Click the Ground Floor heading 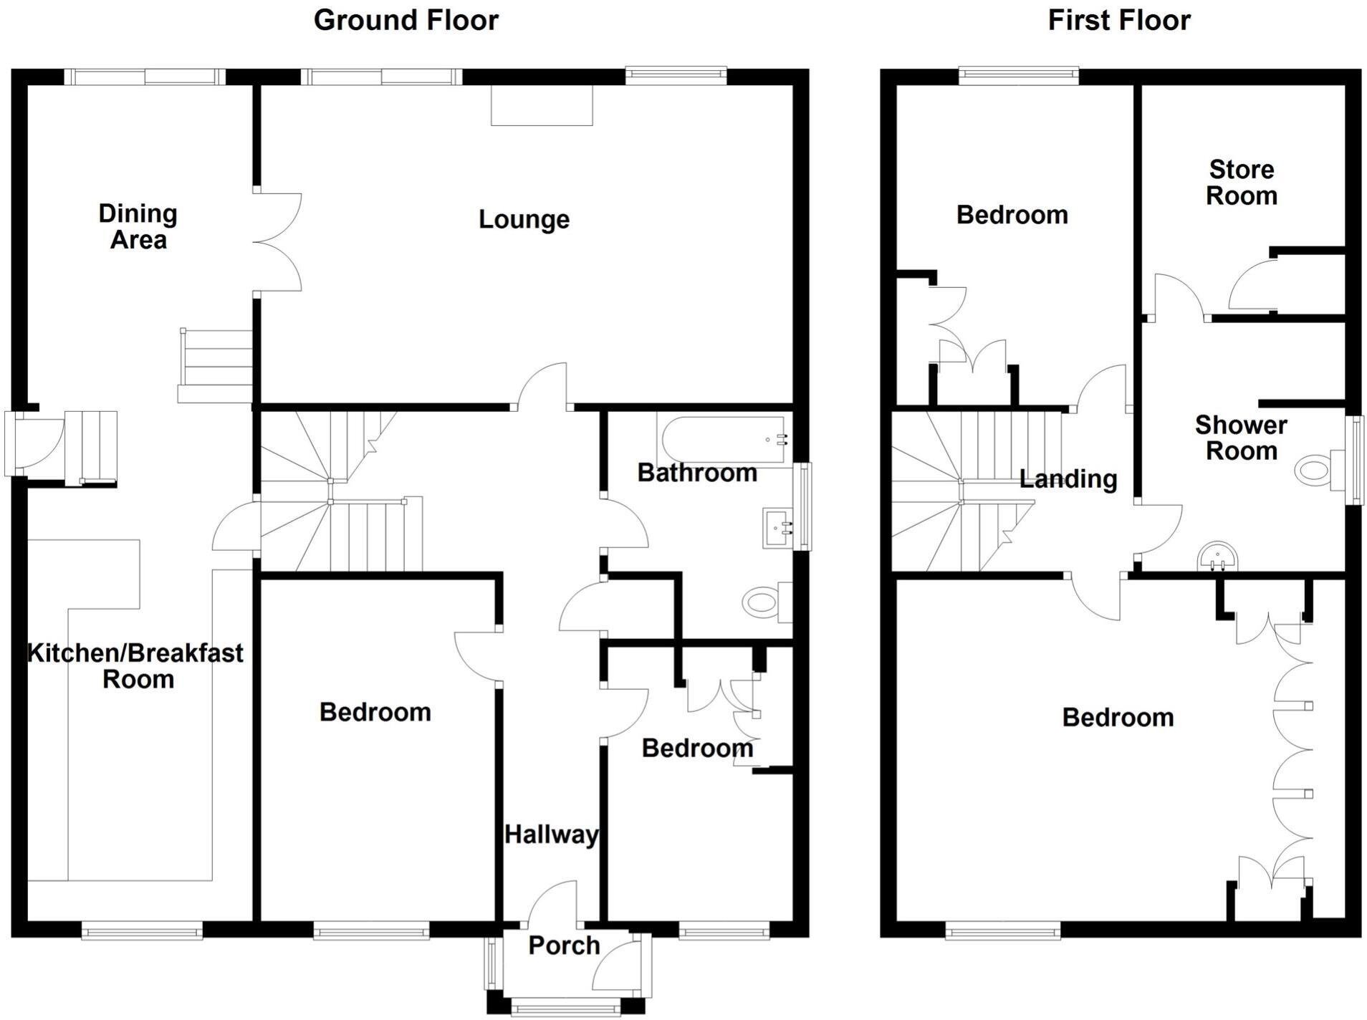point(406,20)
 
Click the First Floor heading point(1118,20)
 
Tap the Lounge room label point(524,219)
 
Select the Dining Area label point(138,226)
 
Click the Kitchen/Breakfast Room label point(135,665)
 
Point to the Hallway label point(551,834)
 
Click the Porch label point(564,946)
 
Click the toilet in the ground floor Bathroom point(765,602)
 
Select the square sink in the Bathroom point(778,529)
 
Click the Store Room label point(1241,183)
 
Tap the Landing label point(1068,479)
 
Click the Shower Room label point(1241,438)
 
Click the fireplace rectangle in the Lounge point(542,105)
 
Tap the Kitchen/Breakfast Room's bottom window point(142,930)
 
